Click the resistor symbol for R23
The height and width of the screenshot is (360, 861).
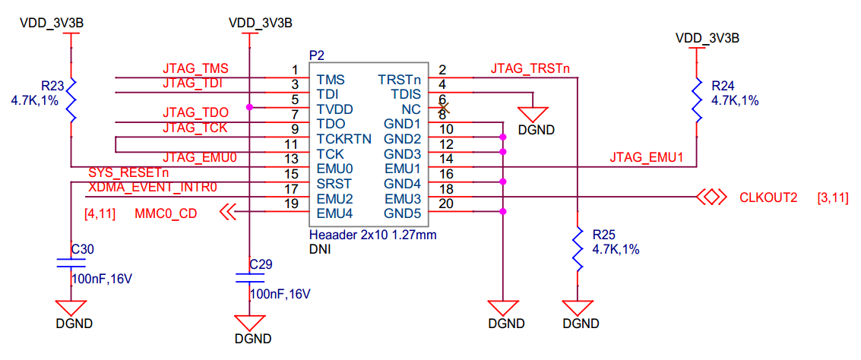[71, 100]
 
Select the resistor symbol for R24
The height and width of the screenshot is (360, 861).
[696, 100]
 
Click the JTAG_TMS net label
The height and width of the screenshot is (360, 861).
[195, 69]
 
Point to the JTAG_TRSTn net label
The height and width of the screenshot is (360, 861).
[530, 69]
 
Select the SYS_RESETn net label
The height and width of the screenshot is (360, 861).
[125, 173]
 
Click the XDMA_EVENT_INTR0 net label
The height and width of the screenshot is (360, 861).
[153, 188]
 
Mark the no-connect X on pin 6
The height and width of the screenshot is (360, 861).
[443, 108]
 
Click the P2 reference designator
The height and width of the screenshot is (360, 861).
[318, 55]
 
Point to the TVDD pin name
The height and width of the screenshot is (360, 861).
[335, 108]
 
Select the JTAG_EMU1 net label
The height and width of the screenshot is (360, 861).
[646, 158]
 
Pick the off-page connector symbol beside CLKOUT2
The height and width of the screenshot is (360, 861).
[711, 197]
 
